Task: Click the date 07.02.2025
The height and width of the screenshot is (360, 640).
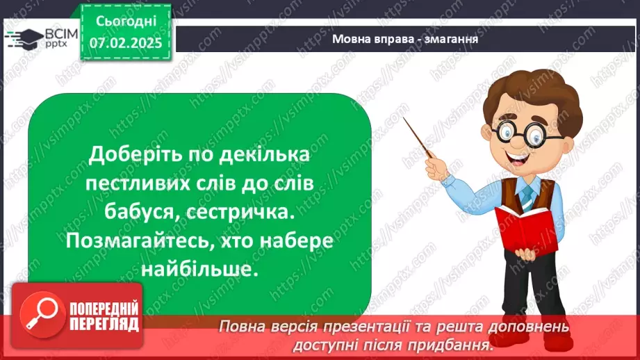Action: (x=124, y=43)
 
